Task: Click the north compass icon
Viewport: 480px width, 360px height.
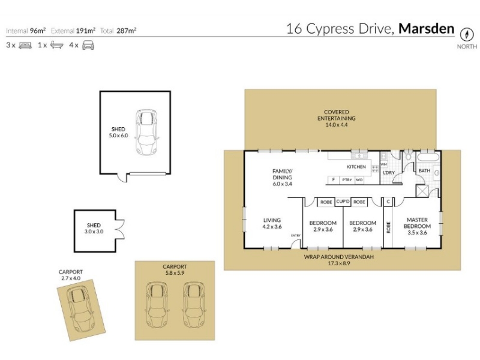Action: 467,34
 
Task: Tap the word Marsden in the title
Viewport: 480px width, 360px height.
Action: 427,28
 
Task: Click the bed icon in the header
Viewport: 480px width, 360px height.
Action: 25,46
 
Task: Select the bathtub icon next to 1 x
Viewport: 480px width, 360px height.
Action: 56,45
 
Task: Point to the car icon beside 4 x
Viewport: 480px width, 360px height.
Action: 88,46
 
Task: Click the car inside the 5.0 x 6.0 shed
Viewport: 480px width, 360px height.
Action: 146,132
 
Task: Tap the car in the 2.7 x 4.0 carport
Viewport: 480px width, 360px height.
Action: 81,309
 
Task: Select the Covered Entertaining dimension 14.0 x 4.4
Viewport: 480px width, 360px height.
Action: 337,125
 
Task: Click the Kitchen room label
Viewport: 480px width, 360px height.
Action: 356,167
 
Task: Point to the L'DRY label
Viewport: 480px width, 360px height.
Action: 389,173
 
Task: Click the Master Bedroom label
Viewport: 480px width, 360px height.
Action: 417,223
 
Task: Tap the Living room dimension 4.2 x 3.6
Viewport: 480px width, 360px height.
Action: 272,227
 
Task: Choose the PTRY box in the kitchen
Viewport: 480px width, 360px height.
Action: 347,180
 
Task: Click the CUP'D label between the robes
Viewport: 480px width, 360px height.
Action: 343,202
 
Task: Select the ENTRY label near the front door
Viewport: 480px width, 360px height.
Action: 296,235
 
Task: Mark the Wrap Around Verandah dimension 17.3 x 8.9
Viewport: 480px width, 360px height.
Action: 339,263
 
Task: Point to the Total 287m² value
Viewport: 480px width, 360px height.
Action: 127,31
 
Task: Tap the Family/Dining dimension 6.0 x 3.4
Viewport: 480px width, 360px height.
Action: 282,184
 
